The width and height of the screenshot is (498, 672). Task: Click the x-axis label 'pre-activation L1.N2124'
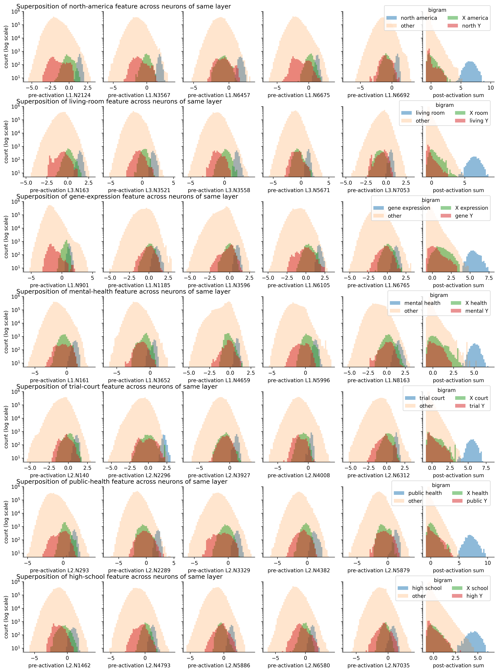pyautogui.click(x=59, y=95)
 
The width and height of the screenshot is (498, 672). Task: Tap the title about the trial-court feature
pyautogui.click(x=117, y=387)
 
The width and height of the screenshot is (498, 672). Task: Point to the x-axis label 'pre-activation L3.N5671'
pyautogui.click(x=298, y=190)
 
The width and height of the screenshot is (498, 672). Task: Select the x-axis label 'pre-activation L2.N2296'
pyautogui.click(x=139, y=475)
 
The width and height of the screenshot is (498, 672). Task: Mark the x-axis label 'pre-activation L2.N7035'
pyautogui.click(x=378, y=665)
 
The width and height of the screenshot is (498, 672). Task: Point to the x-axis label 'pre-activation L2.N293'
pyautogui.click(x=59, y=570)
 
